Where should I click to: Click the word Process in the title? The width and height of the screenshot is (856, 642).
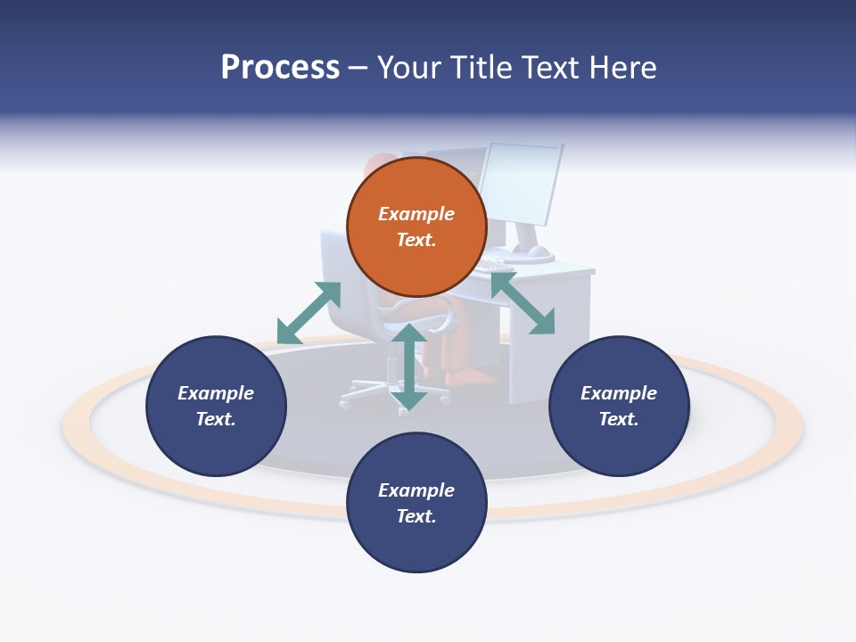point(280,68)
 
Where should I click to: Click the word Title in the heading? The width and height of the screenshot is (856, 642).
point(482,68)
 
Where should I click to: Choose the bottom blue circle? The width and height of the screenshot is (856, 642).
point(416,539)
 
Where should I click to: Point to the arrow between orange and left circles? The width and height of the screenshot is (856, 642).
point(309,313)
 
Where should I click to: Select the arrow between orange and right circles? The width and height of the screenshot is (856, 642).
point(523,304)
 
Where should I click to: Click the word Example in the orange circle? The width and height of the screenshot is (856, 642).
point(416,214)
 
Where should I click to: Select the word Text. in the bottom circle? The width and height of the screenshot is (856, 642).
point(416,516)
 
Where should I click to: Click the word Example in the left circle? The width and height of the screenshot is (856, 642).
point(216,393)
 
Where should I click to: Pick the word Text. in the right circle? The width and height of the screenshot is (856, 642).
point(619,419)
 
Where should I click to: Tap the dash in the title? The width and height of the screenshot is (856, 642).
point(358,69)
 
